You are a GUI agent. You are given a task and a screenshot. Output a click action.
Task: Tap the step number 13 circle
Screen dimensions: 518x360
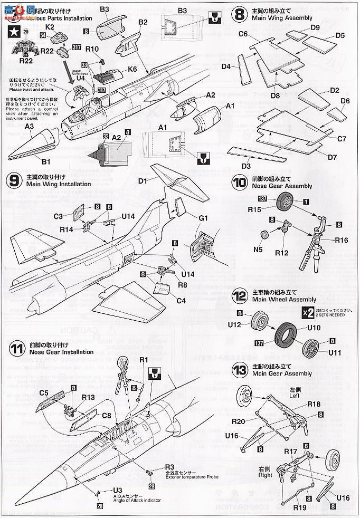[x=239, y=369]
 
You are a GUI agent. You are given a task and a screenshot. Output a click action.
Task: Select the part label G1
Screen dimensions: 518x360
[x=204, y=217]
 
